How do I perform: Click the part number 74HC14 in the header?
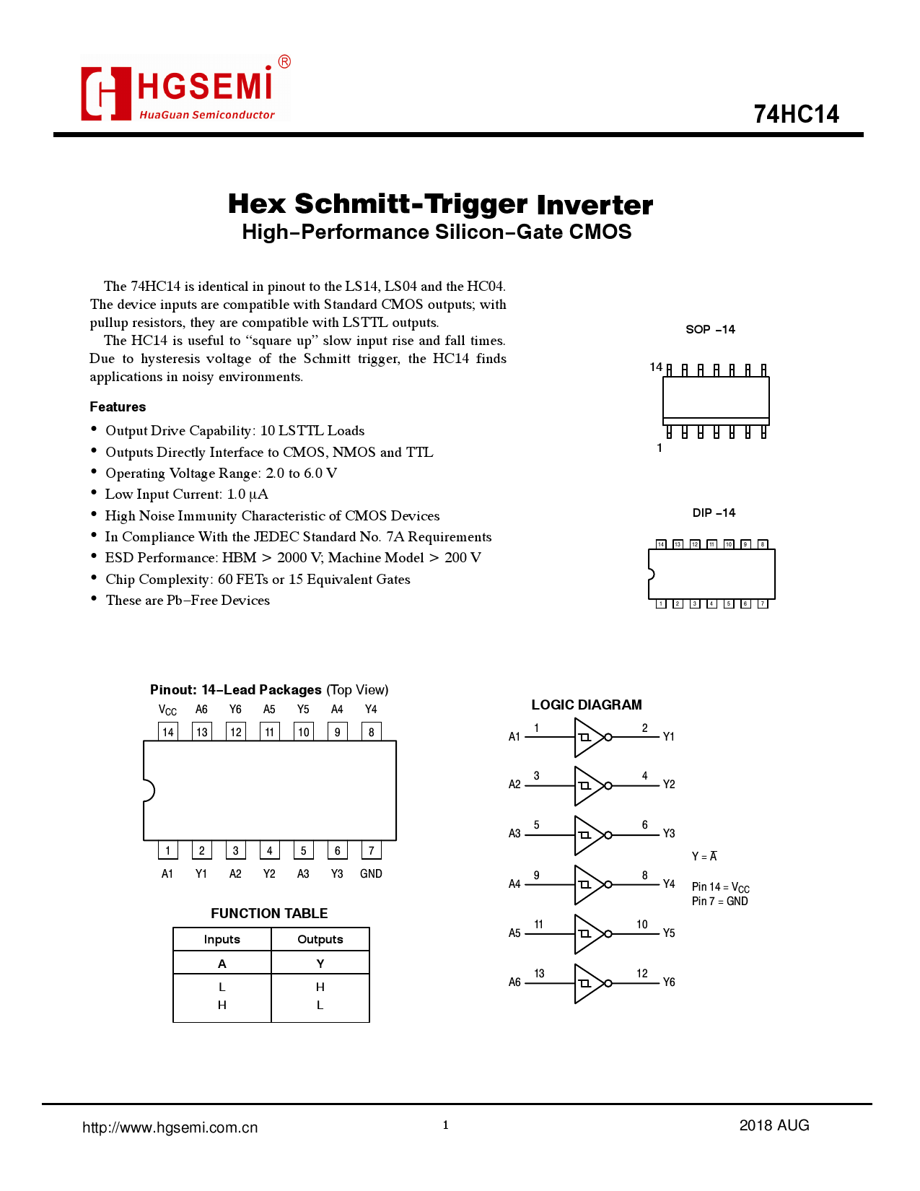click(x=796, y=114)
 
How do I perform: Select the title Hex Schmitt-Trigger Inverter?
click(x=440, y=204)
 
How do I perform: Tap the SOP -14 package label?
click(x=710, y=329)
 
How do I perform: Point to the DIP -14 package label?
click(x=714, y=512)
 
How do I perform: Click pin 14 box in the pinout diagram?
click(x=168, y=732)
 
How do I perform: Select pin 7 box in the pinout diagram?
click(x=371, y=851)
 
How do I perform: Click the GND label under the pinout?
click(x=371, y=873)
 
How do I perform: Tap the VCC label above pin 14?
click(x=167, y=710)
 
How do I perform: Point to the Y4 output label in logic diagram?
click(x=669, y=884)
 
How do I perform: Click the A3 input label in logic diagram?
click(x=514, y=834)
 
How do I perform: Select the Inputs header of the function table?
click(x=222, y=939)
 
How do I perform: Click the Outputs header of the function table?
click(x=320, y=939)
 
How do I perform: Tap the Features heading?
click(x=118, y=407)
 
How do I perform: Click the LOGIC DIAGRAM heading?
click(x=586, y=705)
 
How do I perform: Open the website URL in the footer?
click(x=170, y=1127)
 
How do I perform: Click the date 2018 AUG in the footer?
click(x=774, y=1125)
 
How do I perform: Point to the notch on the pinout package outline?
click(x=149, y=790)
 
